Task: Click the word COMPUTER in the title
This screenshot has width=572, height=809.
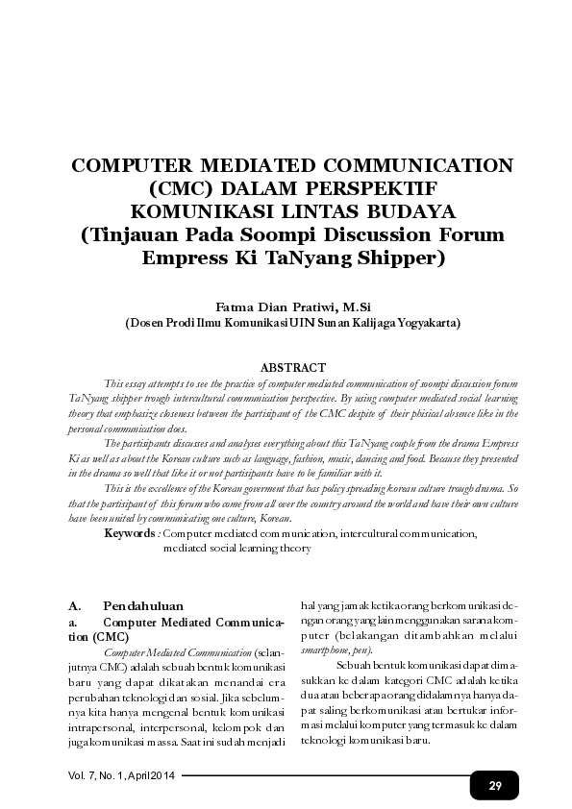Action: point(133,164)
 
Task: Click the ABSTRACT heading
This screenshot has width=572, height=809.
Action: point(293,367)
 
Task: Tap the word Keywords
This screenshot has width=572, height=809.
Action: point(130,532)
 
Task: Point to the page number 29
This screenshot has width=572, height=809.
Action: point(495,785)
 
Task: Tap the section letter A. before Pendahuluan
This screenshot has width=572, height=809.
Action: point(74,607)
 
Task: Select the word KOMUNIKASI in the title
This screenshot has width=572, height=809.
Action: point(203,210)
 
